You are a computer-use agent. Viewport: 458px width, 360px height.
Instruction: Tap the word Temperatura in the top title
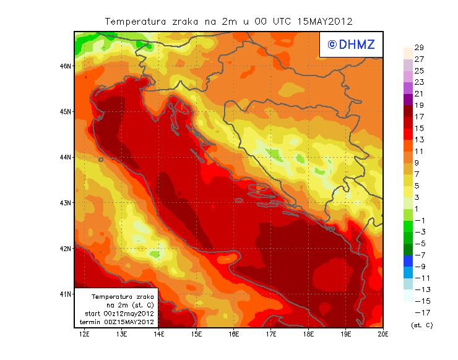coord(133,21)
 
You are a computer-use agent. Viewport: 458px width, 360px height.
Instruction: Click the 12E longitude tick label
coord(85,334)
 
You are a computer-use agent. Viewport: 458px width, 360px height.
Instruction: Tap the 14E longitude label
coord(159,334)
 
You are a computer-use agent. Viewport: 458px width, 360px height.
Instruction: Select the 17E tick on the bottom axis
coord(270,334)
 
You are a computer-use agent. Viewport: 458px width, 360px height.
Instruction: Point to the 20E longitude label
coord(382,334)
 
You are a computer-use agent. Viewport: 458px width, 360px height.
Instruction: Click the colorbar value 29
coord(419,48)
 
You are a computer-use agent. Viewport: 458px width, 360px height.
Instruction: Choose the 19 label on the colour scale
coord(419,105)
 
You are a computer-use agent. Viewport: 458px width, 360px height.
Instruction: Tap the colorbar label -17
coord(419,312)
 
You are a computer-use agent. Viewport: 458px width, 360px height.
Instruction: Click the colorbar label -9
coord(419,267)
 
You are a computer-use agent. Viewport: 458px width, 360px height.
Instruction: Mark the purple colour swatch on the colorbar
coord(407,100)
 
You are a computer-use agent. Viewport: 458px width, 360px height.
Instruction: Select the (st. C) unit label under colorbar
coord(421,325)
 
